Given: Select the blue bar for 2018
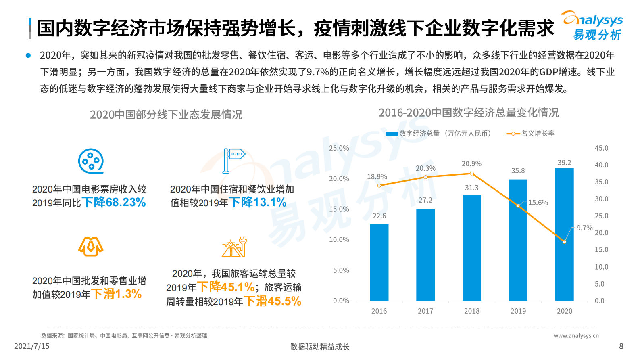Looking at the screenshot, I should coord(471,248).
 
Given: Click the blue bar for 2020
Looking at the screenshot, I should coord(564,234).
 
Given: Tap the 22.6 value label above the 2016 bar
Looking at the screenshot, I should coord(379,216).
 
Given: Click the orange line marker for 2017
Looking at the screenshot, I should coord(425,177).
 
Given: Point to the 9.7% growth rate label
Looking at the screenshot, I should coord(584,228).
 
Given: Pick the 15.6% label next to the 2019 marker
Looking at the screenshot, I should coord(538,203).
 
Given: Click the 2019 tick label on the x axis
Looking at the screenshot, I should coord(518,311).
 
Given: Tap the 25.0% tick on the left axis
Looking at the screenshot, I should coord(339,148).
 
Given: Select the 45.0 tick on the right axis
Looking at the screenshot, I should coord(601,148).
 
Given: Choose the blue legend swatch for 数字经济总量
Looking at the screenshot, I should coord(392,134).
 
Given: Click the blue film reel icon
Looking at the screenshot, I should coord(91,161).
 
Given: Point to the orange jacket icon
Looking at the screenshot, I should coord(91,247).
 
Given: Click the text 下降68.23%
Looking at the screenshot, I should coord(114,202).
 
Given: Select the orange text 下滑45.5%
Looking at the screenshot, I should coord(273,301).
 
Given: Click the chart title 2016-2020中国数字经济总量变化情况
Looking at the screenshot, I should coord(469,113).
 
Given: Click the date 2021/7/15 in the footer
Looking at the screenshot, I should coord(31,346).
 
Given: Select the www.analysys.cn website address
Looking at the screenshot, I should coord(576,335).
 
